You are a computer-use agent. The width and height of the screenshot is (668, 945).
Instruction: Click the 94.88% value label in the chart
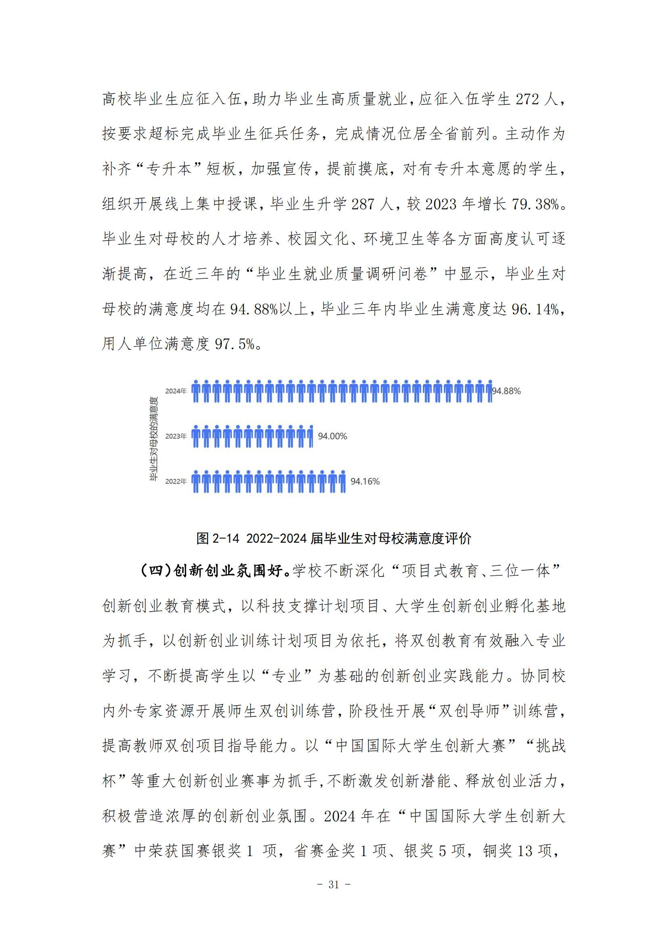(506, 391)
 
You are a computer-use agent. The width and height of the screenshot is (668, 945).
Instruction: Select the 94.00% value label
(332, 436)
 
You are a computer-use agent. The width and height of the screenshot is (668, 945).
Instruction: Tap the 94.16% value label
(365, 482)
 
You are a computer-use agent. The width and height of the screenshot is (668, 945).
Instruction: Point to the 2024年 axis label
(176, 391)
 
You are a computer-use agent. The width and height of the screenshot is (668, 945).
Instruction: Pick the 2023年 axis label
(176, 436)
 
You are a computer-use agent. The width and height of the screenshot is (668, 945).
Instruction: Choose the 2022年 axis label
(176, 482)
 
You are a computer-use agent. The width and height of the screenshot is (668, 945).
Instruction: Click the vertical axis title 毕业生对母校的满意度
(153, 439)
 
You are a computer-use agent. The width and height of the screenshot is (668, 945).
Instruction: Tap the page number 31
(334, 884)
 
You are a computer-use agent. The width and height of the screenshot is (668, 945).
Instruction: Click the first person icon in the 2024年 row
(196, 391)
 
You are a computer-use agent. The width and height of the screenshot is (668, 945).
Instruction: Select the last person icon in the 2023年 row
(311, 436)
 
